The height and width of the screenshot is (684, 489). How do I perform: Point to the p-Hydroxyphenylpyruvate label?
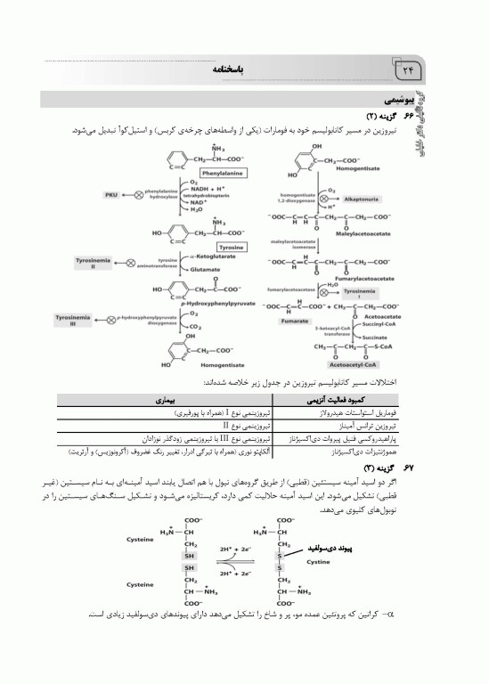pos(208,303)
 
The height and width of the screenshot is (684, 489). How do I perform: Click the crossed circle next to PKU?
pos(135,193)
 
